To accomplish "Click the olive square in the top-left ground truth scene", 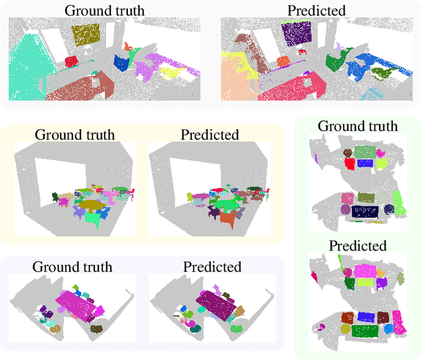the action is pyautogui.click(x=86, y=34).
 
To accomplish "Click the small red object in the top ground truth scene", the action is pyautogui.click(x=71, y=61).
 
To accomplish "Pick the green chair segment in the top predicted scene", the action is pyautogui.click(x=333, y=63).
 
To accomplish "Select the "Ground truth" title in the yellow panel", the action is pyautogui.click(x=75, y=135).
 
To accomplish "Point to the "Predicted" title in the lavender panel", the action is pyautogui.click(x=212, y=267).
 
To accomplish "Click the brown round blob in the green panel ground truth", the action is pyautogui.click(x=346, y=210).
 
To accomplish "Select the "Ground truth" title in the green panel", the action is pyautogui.click(x=358, y=125).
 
